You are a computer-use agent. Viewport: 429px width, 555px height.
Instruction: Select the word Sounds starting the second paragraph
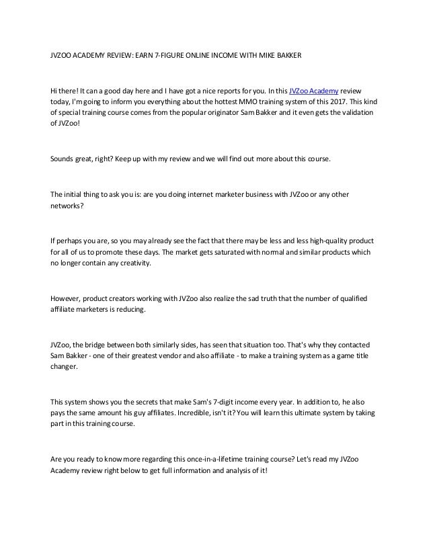(x=63, y=161)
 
